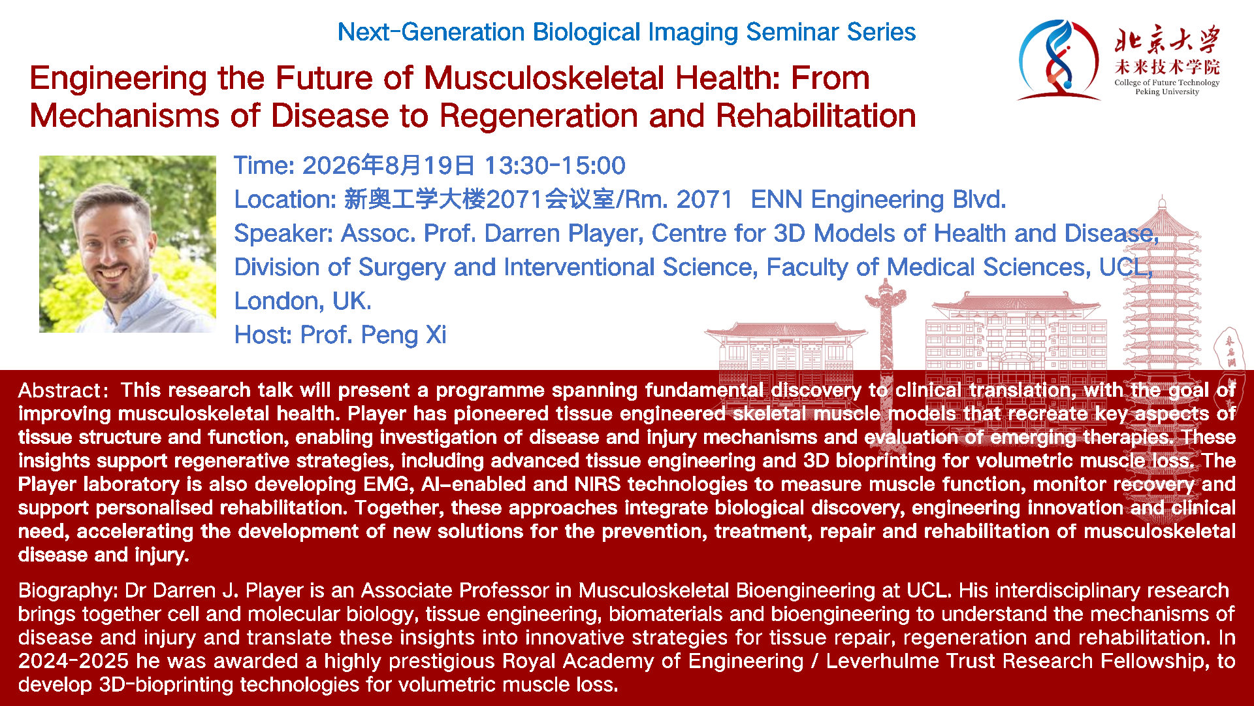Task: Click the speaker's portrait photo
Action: click(127, 244)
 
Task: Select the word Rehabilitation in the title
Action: click(816, 116)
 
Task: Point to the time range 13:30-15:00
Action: click(555, 165)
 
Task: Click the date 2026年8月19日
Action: click(388, 165)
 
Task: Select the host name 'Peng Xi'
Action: click(404, 335)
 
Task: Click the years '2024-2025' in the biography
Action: click(73, 661)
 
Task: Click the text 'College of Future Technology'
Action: click(1167, 82)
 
